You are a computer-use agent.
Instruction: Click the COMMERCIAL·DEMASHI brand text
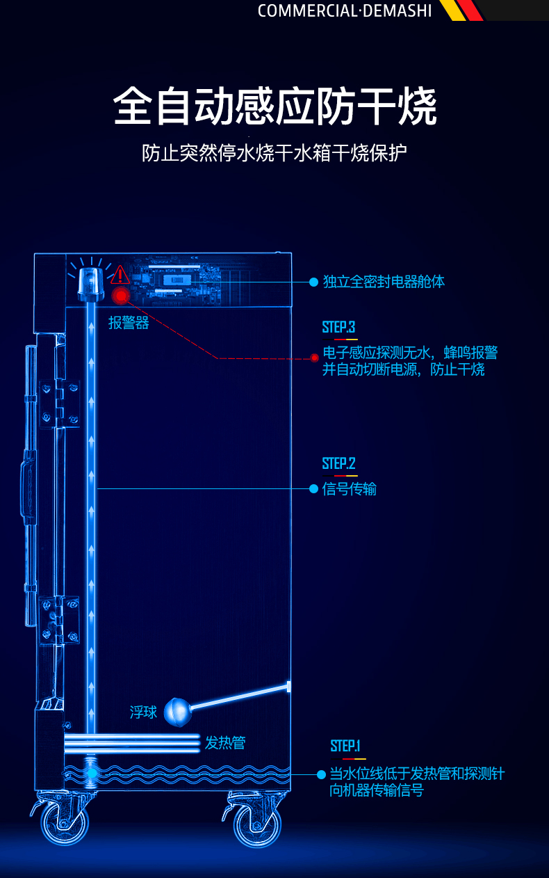[x=345, y=10]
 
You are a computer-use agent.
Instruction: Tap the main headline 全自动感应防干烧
[x=275, y=106]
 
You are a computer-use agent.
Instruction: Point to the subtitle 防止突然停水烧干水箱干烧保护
[x=274, y=153]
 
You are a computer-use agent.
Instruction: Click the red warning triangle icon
[x=120, y=274]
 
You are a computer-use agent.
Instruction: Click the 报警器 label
[x=129, y=323]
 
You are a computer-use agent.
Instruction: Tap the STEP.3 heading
[x=338, y=327]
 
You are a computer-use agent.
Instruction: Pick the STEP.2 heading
[x=338, y=463]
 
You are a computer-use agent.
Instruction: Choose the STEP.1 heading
[x=345, y=746]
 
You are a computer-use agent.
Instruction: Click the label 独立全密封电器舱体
[x=384, y=282]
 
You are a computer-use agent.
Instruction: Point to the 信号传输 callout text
[x=350, y=489]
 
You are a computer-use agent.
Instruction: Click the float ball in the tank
[x=178, y=712]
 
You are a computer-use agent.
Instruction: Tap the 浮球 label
[x=143, y=712]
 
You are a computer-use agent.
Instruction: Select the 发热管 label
[x=225, y=742]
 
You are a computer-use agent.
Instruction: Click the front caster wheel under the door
[x=65, y=822]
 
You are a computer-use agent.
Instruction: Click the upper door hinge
[x=60, y=404]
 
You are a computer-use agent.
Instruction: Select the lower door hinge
[x=59, y=620]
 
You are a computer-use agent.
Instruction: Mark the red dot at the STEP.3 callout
[x=314, y=358]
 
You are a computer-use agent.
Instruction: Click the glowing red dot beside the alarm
[x=121, y=296]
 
